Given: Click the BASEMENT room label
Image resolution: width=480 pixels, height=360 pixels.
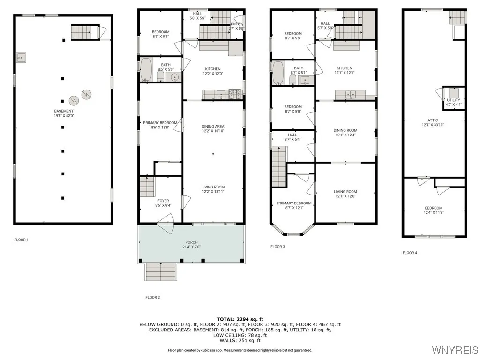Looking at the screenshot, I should pyautogui.click(x=63, y=111).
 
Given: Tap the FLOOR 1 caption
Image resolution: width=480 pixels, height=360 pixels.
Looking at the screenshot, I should pyautogui.click(x=21, y=240).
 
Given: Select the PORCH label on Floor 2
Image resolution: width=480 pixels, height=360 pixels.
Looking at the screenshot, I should pyautogui.click(x=191, y=242).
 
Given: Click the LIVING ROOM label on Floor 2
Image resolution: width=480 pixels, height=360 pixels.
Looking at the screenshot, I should pyautogui.click(x=213, y=187).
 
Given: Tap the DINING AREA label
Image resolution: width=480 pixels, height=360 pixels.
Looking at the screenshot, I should pyautogui.click(x=213, y=126).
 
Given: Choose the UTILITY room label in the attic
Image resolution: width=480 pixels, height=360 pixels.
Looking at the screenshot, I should pyautogui.click(x=453, y=100).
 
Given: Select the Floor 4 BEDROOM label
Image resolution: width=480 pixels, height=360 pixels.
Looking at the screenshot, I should pyautogui.click(x=434, y=208).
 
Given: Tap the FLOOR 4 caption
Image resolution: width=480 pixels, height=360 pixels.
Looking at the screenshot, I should pyautogui.click(x=409, y=253).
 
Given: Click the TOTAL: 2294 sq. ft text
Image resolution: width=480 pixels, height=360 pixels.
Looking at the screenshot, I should pyautogui.click(x=240, y=319).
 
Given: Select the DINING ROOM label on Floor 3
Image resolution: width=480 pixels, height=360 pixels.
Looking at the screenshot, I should pyautogui.click(x=345, y=130).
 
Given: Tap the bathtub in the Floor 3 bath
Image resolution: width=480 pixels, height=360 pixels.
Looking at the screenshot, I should pyautogui.click(x=278, y=73).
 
